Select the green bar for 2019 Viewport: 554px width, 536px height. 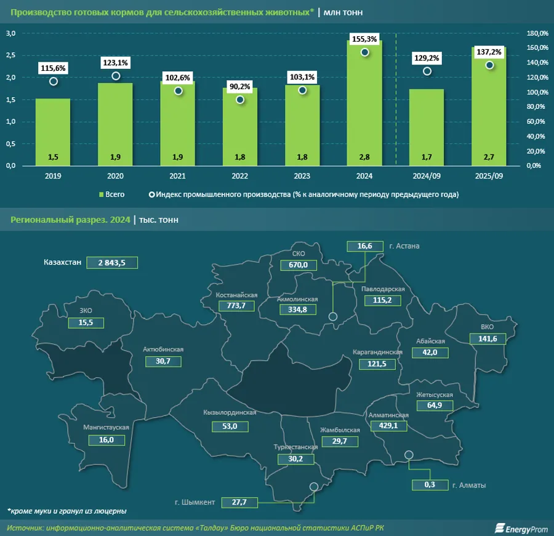point(52,132)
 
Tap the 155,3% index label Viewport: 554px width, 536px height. point(364,38)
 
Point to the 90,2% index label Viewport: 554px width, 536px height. point(239,87)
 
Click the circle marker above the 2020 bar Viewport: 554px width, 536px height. point(116,76)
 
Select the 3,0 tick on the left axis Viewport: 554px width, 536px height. point(10,33)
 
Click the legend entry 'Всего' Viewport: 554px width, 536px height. point(111,194)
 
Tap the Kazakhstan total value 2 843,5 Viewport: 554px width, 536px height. point(111,262)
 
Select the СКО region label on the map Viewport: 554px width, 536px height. point(298,254)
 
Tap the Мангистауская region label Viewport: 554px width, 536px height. point(106,427)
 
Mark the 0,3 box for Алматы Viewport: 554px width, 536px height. point(430,485)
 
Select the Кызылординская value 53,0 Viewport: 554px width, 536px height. point(231,426)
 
